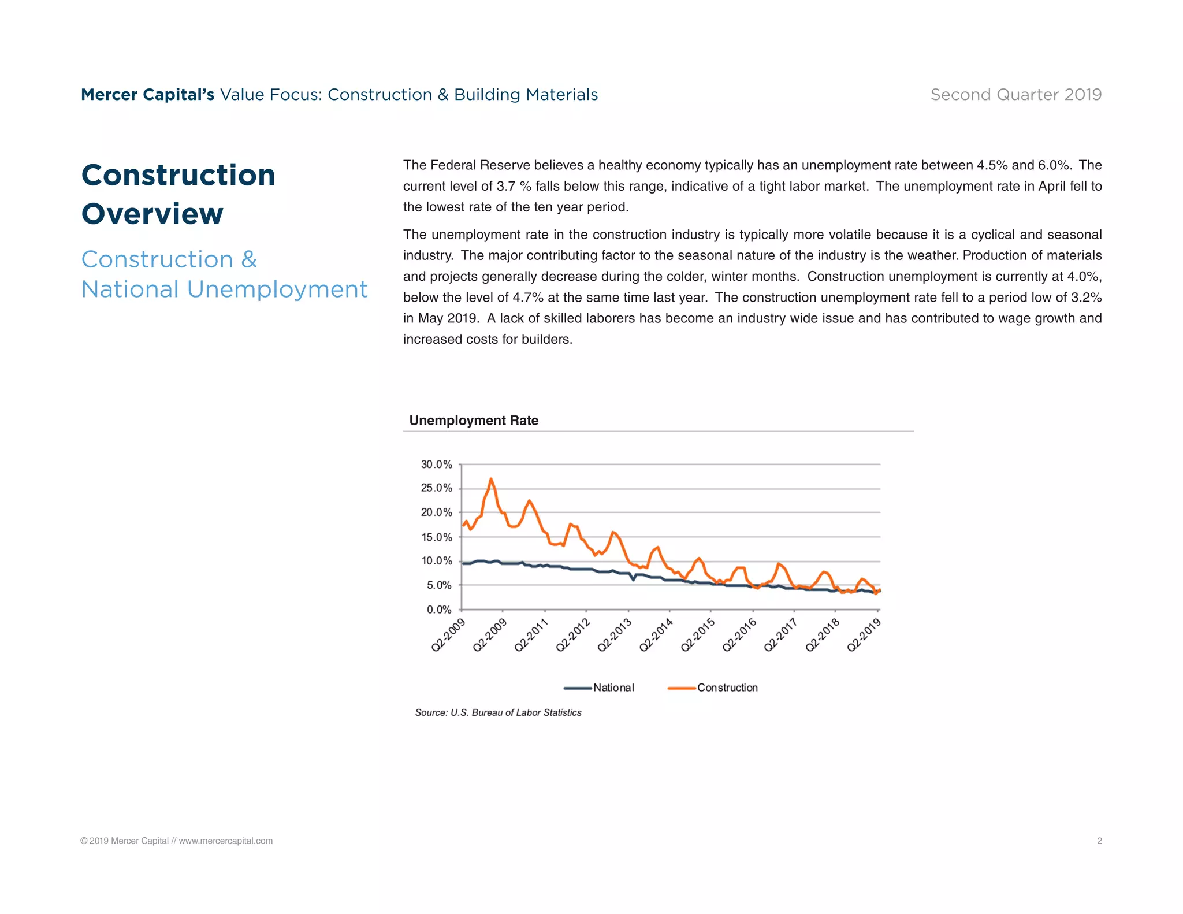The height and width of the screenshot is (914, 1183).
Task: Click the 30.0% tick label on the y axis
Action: click(436, 465)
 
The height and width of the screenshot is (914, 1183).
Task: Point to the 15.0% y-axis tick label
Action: click(436, 537)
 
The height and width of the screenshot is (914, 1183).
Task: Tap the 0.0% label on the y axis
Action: click(438, 610)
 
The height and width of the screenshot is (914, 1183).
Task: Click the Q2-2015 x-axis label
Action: click(698, 634)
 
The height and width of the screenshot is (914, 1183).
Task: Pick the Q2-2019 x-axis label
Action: click(864, 634)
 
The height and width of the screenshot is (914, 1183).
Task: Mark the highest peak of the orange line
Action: click(491, 479)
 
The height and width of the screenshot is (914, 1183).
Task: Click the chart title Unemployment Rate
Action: click(474, 421)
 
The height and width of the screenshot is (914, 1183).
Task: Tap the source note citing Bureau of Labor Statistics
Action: click(498, 713)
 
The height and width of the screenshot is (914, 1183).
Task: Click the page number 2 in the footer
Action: click(1099, 841)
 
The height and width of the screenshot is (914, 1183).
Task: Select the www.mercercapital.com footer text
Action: click(225, 841)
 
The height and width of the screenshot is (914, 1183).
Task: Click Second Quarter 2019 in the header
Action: click(1015, 95)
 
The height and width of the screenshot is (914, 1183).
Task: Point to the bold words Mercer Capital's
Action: click(147, 95)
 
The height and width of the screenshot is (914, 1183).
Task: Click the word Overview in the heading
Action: click(152, 214)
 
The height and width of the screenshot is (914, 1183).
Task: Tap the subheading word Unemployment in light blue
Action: click(277, 289)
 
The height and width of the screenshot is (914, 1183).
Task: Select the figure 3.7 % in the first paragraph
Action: click(514, 187)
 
